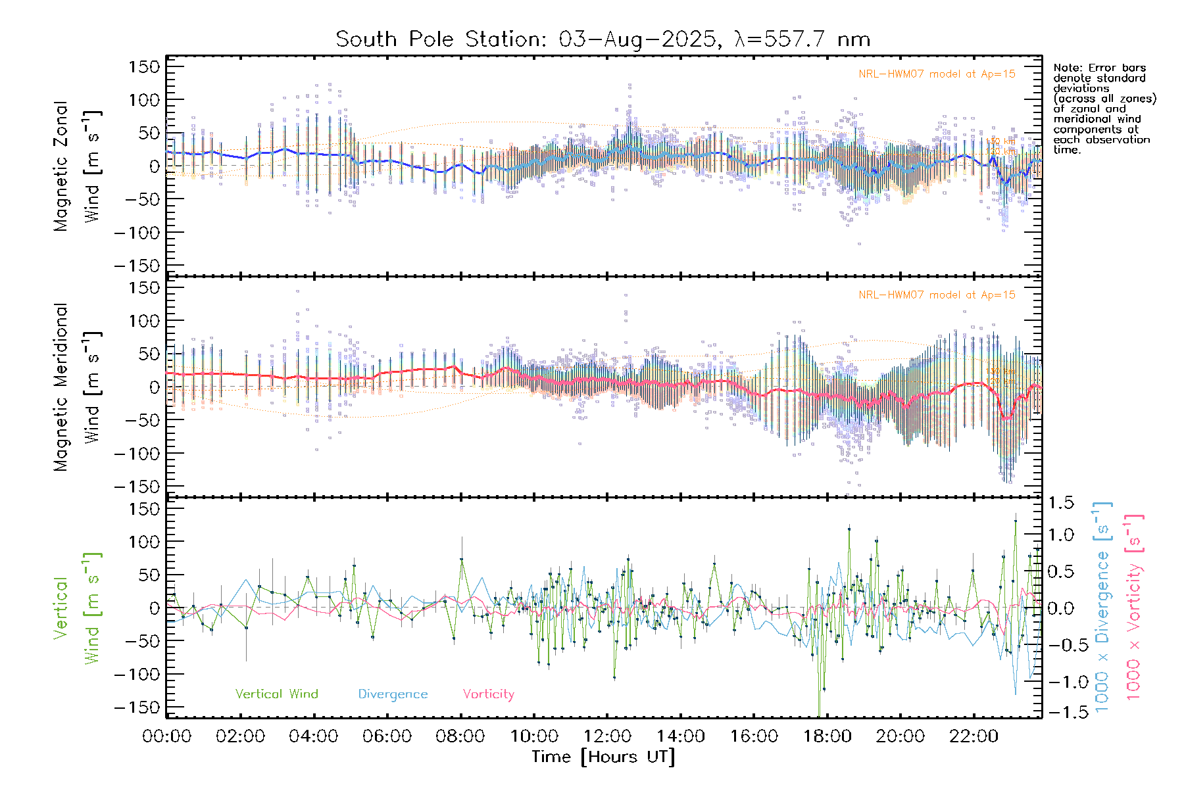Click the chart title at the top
(x=603, y=39)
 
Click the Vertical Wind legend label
(x=276, y=694)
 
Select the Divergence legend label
(x=393, y=694)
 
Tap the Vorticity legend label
(x=488, y=694)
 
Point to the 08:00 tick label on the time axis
(x=460, y=736)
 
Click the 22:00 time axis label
(x=974, y=736)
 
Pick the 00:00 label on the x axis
(x=167, y=736)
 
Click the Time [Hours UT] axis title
(x=603, y=757)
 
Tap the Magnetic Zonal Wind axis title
(x=77, y=166)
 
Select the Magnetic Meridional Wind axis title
(x=77, y=387)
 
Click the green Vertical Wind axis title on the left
(x=77, y=608)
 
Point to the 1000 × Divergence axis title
(x=1102, y=608)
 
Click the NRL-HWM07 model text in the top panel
(x=937, y=74)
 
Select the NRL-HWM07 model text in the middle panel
(x=937, y=295)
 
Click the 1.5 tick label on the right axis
(x=1060, y=503)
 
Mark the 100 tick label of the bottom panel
(x=145, y=542)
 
